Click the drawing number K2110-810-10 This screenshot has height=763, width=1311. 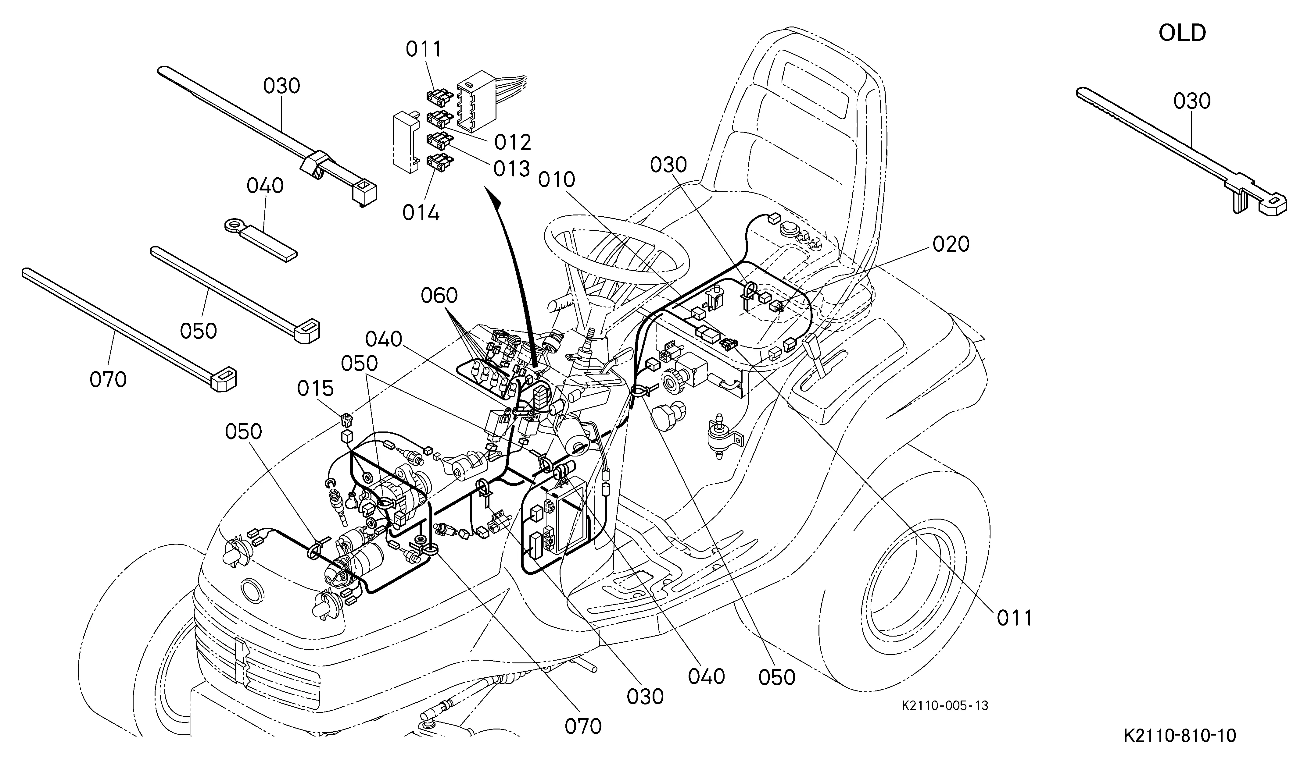click(x=1179, y=736)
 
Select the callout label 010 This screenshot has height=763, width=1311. click(x=557, y=180)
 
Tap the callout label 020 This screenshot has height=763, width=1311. click(x=951, y=244)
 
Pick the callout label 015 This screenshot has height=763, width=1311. click(x=315, y=388)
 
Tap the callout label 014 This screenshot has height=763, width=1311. click(x=421, y=213)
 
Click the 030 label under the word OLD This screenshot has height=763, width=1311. click(x=1192, y=101)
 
